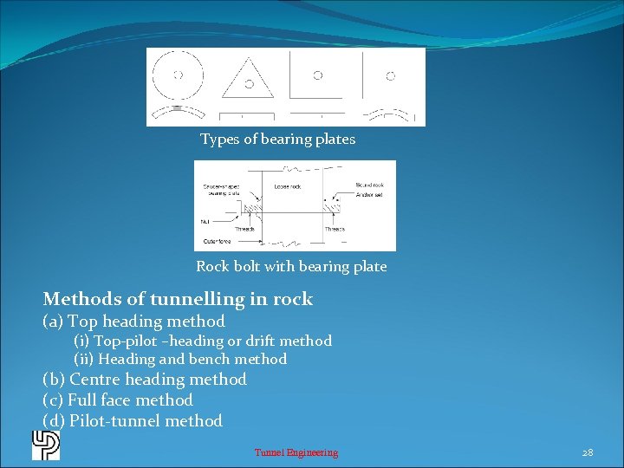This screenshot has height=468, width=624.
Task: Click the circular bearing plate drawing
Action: (179, 75)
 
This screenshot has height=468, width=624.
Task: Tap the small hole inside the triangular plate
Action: (249, 83)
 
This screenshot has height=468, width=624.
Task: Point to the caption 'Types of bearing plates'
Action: (277, 140)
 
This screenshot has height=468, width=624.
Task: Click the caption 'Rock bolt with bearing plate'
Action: (291, 267)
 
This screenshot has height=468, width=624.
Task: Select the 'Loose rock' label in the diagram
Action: (287, 186)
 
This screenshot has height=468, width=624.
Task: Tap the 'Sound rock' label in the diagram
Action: (370, 185)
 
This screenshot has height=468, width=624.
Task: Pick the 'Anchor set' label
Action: (370, 195)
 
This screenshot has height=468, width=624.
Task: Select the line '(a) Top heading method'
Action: (133, 322)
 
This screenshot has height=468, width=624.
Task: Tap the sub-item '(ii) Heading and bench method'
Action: (180, 359)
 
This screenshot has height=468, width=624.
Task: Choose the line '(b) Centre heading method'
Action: (145, 380)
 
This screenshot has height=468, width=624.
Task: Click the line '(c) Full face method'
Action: (118, 400)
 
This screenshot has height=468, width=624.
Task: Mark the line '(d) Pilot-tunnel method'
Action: (133, 421)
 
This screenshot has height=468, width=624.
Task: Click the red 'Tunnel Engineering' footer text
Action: (296, 452)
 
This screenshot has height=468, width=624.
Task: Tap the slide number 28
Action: (588, 452)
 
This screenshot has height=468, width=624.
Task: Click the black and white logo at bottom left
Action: (46, 445)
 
